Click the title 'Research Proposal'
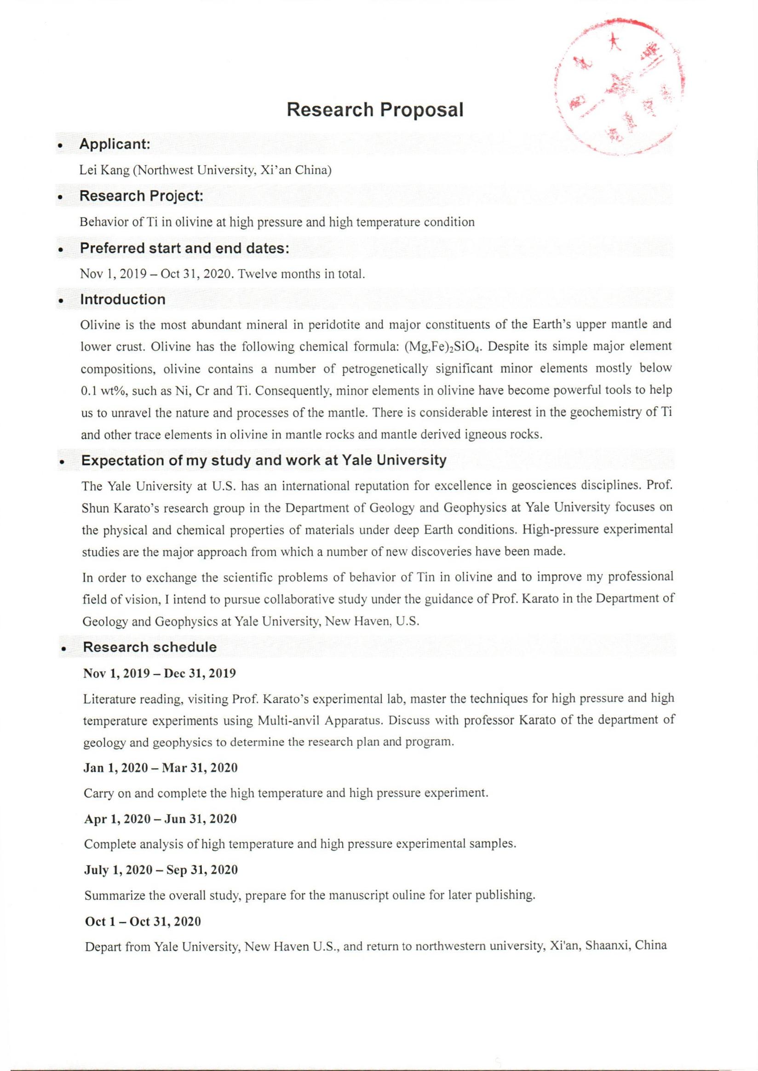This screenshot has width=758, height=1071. [375, 109]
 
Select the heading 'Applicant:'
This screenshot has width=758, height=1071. [115, 144]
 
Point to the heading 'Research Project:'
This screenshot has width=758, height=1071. [141, 196]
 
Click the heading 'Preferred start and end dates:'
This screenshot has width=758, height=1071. [185, 248]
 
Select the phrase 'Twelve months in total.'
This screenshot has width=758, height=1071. [301, 274]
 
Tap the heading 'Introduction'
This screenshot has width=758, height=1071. [123, 299]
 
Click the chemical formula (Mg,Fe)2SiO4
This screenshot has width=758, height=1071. [442, 347]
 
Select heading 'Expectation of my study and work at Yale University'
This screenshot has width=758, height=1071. [264, 461]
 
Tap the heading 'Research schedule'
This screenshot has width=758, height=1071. [149, 647]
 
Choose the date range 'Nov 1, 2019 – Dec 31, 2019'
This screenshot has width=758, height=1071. [159, 673]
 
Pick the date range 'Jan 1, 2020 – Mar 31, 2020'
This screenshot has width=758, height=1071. [160, 768]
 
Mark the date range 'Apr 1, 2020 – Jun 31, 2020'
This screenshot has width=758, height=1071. [160, 819]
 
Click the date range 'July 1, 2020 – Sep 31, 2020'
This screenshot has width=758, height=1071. [161, 870]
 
